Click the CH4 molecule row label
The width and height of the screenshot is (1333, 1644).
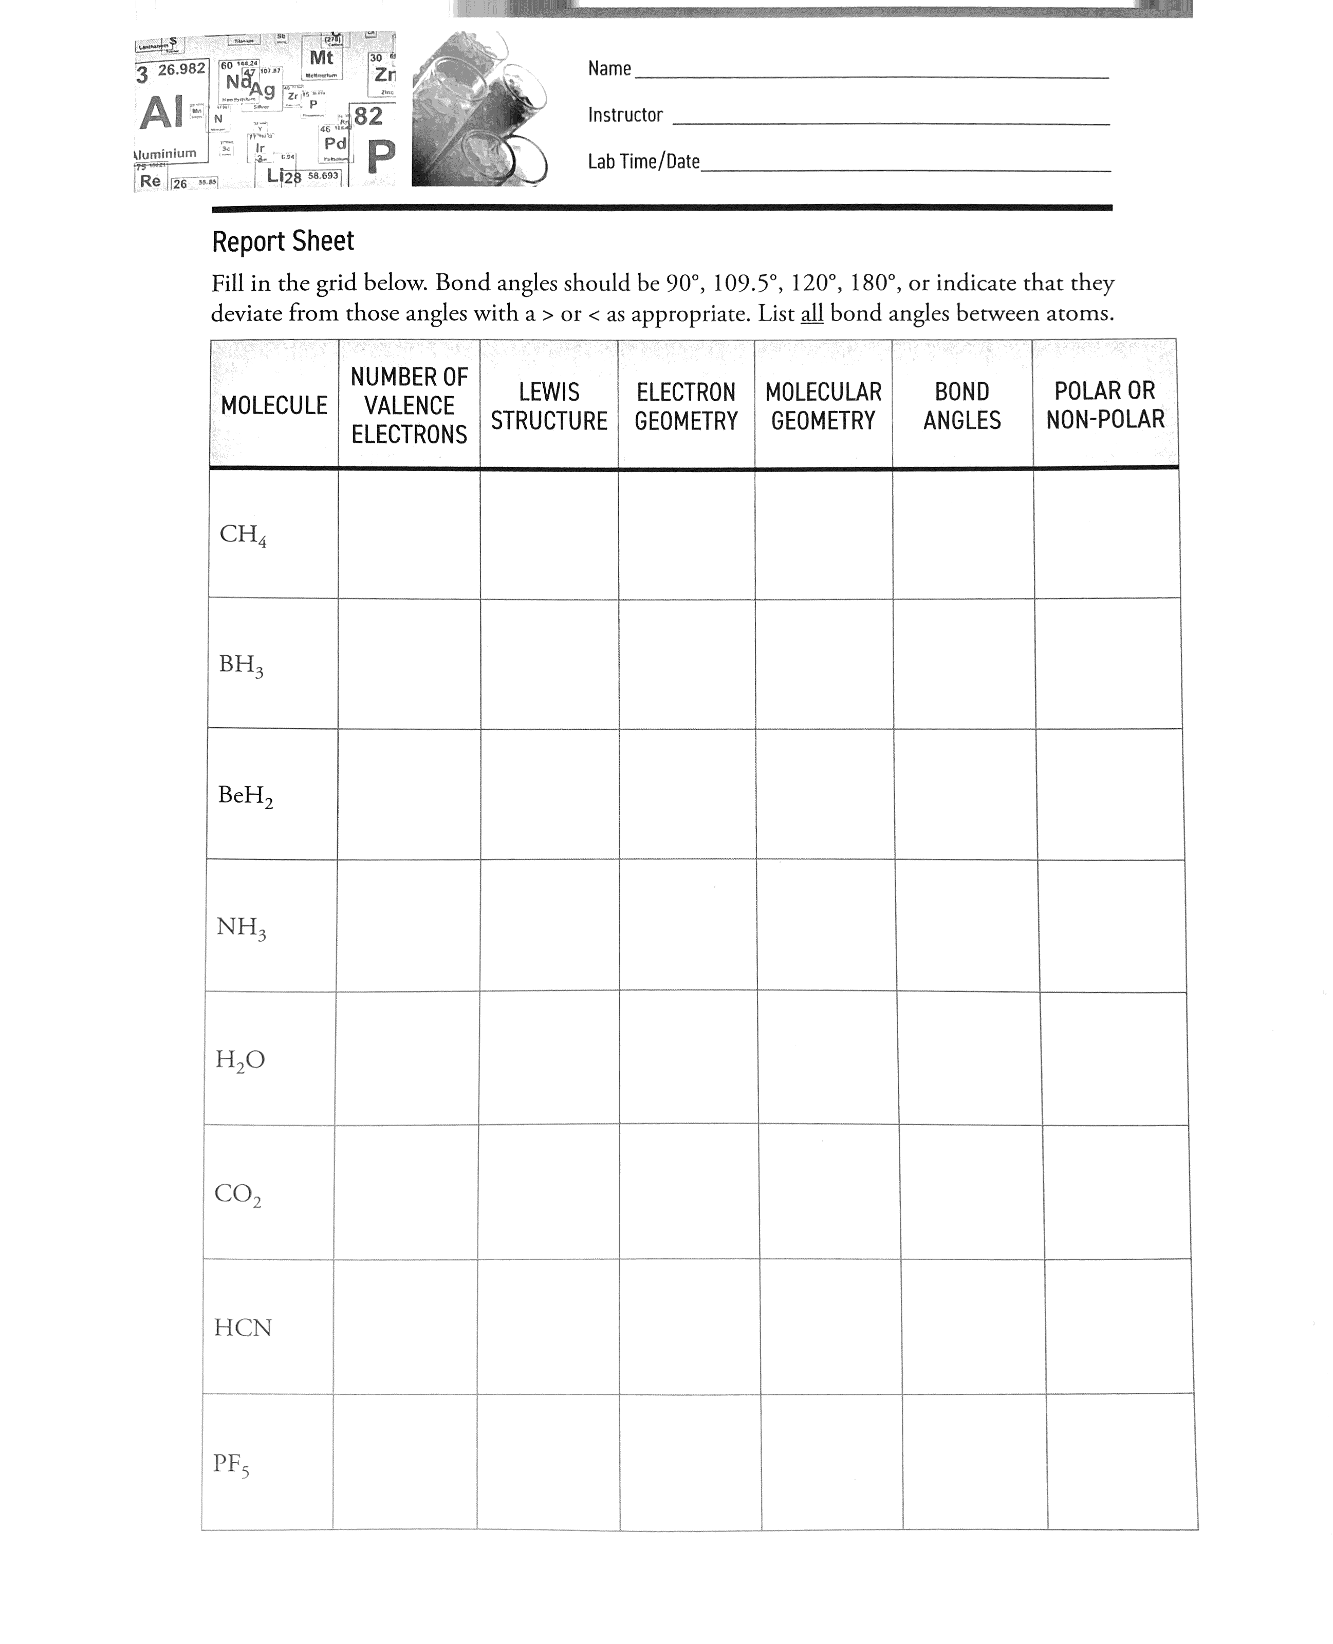pos(243,535)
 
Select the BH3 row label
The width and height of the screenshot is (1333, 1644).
pos(241,665)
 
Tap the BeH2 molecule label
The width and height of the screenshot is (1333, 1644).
pos(245,796)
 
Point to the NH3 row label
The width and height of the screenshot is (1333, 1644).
pos(241,928)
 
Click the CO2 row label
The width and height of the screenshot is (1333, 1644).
pos(237,1194)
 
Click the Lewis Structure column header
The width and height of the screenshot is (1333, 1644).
pos(549,406)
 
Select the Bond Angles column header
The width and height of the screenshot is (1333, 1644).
pos(962,406)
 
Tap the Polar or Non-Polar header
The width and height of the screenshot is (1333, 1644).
pos(1105,404)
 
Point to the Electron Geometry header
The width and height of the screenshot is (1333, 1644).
pos(686,406)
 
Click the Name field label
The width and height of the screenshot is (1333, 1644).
pos(609,69)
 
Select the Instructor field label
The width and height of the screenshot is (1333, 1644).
pos(625,115)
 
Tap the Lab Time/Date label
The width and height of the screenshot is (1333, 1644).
pos(643,162)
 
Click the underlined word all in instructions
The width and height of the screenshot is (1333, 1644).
pos(811,314)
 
